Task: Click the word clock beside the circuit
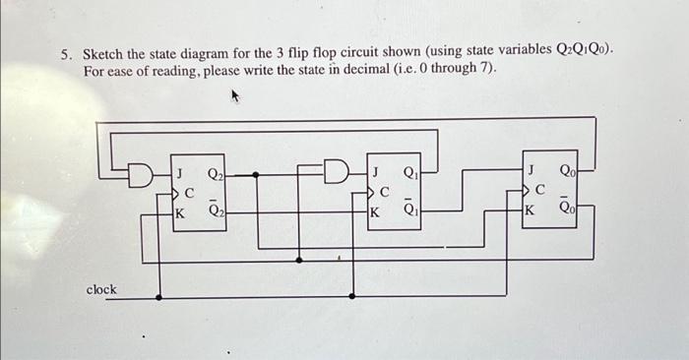pos(101,289)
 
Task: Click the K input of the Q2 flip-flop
pos(179,210)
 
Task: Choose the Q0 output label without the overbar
pos(567,169)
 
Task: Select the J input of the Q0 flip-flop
pos(532,169)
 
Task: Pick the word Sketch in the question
pos(103,55)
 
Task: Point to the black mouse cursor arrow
pos(235,97)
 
